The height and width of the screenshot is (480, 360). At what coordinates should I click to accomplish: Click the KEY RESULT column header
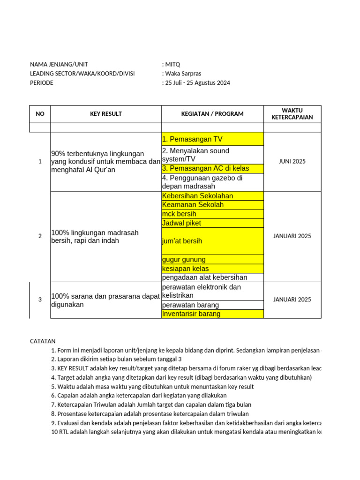pyautogui.click(x=106, y=114)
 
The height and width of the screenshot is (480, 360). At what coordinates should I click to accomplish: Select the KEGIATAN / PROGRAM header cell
pyautogui.click(x=212, y=114)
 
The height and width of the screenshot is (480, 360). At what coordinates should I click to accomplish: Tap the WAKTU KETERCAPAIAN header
pyautogui.click(x=292, y=114)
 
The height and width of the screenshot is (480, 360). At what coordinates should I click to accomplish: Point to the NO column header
pyautogui.click(x=40, y=114)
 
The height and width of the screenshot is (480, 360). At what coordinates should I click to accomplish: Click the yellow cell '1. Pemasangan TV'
pyautogui.click(x=212, y=139)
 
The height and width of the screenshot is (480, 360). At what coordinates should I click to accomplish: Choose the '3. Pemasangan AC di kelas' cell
pyautogui.click(x=212, y=168)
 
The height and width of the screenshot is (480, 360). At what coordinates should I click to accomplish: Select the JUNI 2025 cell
pyautogui.click(x=292, y=161)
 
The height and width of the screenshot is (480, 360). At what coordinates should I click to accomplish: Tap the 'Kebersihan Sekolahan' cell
pyautogui.click(x=212, y=196)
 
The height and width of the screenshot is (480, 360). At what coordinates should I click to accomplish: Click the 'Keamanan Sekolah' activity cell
pyautogui.click(x=212, y=205)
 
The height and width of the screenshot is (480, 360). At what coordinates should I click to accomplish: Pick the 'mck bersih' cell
pyautogui.click(x=212, y=214)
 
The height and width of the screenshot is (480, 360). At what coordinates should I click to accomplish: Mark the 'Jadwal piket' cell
pyautogui.click(x=212, y=223)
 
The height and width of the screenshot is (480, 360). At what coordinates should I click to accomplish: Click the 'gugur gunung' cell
pyautogui.click(x=212, y=260)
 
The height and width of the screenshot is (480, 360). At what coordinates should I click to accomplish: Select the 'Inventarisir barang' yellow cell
pyautogui.click(x=212, y=314)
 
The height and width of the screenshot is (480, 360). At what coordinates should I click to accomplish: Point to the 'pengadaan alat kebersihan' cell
pyautogui.click(x=212, y=277)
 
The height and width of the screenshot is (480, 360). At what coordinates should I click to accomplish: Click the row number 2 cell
pyautogui.click(x=40, y=236)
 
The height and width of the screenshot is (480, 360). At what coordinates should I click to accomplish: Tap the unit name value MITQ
pyautogui.click(x=172, y=64)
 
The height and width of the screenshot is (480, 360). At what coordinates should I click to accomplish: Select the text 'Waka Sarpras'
pyautogui.click(x=183, y=74)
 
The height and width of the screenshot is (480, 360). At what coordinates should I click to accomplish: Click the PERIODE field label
pyautogui.click(x=42, y=83)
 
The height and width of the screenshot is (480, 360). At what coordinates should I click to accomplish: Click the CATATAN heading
pyautogui.click(x=43, y=341)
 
